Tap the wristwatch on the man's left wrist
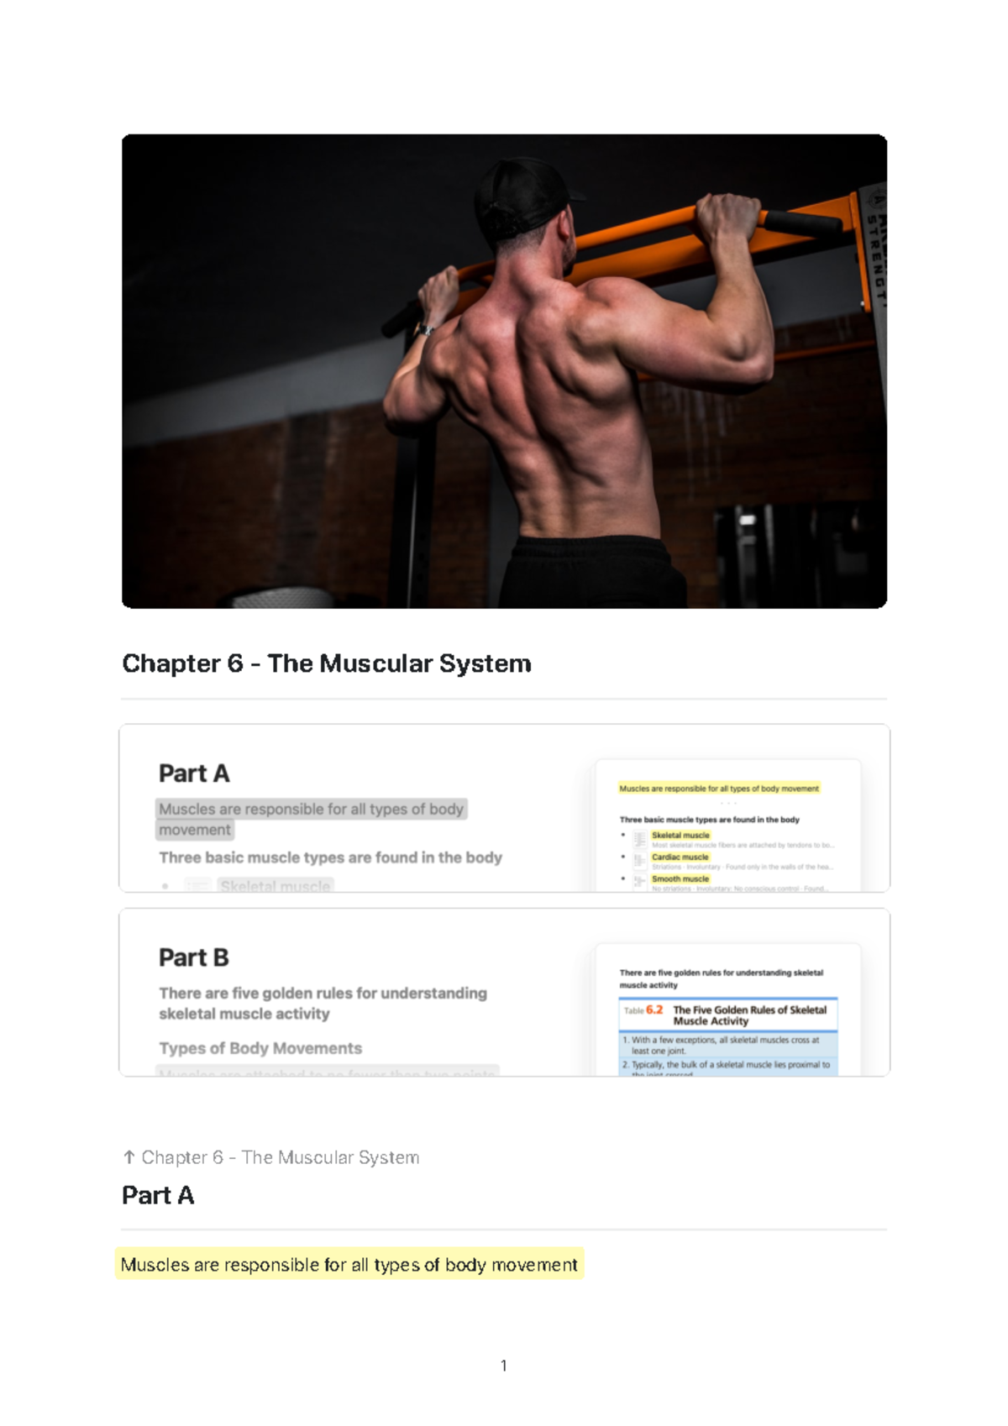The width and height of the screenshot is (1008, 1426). coord(426,329)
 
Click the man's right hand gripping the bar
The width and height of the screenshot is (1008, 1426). coord(728,217)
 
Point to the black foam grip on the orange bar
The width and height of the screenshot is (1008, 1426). coord(802,222)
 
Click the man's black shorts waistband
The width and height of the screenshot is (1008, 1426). coord(588,546)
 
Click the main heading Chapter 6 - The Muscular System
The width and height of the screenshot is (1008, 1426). coord(327,663)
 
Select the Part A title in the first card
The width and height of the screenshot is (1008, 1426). coord(194,773)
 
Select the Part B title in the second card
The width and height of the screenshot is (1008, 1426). coord(194,957)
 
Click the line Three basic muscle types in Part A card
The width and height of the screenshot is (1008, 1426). coord(330,857)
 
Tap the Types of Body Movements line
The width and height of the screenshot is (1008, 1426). coord(260,1048)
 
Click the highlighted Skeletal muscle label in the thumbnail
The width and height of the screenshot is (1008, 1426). coord(680,836)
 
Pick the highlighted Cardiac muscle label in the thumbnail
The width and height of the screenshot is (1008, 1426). coord(680,857)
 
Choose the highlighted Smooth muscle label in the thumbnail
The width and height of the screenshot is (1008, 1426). coord(680,879)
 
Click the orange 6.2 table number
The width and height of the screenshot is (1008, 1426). coord(654,1010)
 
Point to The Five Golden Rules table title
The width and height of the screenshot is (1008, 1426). coord(749,1015)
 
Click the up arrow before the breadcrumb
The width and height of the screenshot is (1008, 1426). coord(129,1157)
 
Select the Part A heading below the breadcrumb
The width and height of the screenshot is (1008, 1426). coord(158,1195)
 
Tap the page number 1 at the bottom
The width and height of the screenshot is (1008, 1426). coord(503,1366)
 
